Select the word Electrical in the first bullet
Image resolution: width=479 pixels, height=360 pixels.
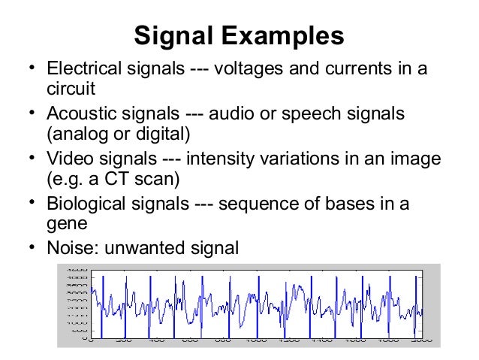tap(80, 70)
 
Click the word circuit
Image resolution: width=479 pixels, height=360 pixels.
tap(71, 89)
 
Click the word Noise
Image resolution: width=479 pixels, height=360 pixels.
tap(67, 247)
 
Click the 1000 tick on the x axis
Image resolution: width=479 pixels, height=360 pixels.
tap(256, 341)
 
